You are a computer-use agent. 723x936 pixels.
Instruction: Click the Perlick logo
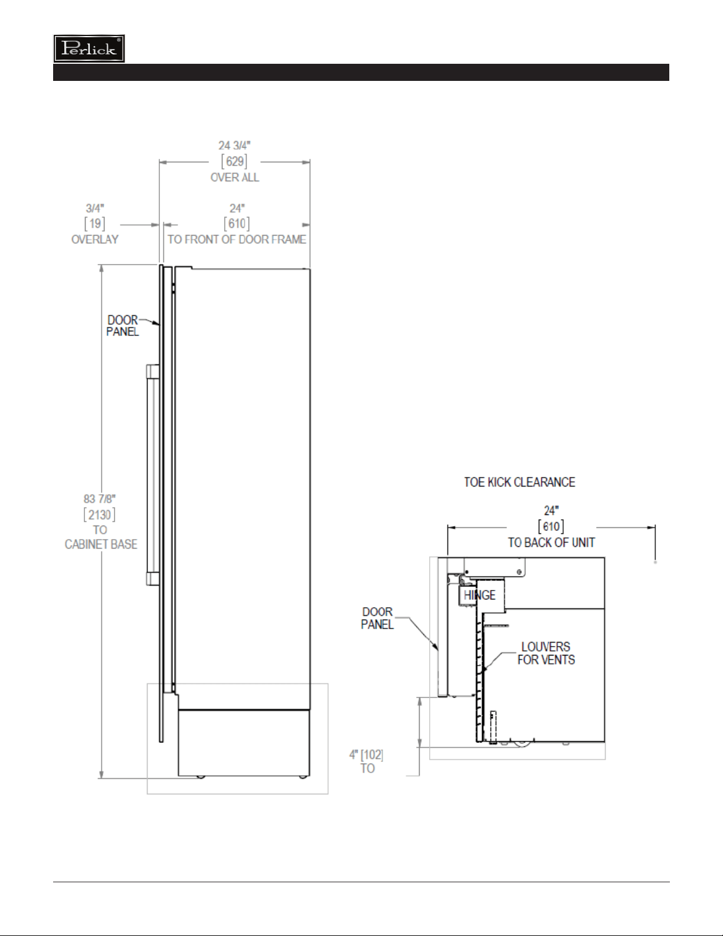89,48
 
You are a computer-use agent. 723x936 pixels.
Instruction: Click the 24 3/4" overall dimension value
234,146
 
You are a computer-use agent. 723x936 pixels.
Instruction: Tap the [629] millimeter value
234,162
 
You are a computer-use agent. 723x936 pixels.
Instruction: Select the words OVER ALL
234,178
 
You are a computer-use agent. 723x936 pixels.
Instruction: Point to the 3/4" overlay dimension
94,208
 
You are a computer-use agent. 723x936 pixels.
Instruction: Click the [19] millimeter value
94,224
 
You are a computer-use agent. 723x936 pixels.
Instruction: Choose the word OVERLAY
94,240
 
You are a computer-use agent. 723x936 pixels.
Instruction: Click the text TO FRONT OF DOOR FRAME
237,240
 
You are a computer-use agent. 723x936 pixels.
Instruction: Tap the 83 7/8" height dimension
99,499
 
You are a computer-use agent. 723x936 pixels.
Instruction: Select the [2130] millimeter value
99,514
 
